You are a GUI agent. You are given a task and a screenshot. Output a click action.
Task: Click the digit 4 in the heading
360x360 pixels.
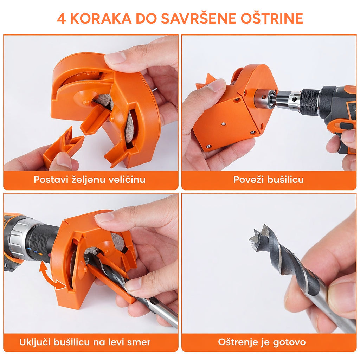(61, 19)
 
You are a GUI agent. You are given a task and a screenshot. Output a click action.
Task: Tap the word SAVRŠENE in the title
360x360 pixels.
(199, 18)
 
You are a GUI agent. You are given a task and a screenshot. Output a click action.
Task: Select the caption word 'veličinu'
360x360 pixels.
(127, 180)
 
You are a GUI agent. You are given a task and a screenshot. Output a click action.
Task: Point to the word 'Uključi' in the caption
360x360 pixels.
(35, 342)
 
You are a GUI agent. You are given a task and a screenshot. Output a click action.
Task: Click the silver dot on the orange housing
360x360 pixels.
(224, 124)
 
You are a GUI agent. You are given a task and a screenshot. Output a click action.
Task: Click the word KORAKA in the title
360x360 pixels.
(101, 19)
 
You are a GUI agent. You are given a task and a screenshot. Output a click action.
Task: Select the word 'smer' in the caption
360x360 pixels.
(139, 342)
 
